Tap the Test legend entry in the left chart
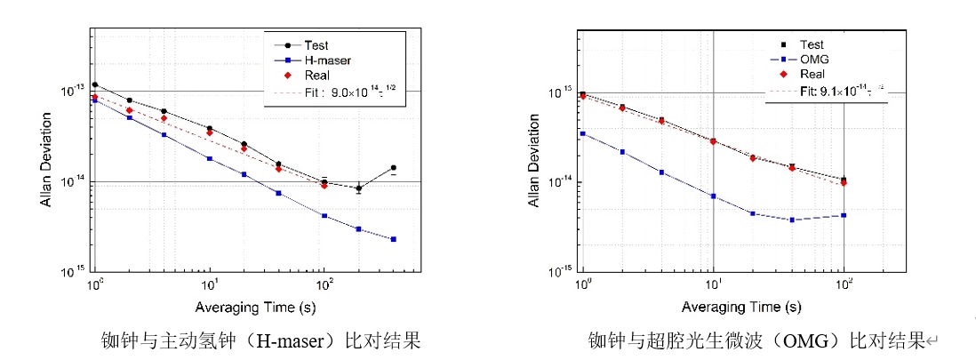(317, 44)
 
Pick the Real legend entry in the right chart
(812, 74)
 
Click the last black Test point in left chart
(394, 167)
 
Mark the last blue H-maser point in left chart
(394, 239)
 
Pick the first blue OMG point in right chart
(582, 133)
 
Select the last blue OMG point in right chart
(844, 215)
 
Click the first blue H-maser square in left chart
(94, 100)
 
